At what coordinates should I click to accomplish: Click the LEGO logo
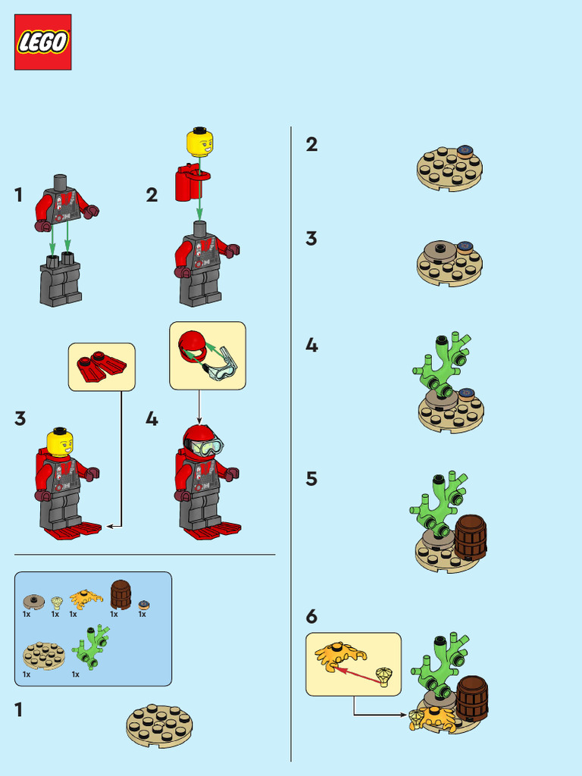pyautogui.click(x=42, y=42)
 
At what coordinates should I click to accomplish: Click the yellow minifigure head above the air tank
pyautogui.click(x=199, y=142)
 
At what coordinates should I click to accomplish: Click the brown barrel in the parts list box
pyautogui.click(x=120, y=595)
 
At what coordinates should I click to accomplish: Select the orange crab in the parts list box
pyautogui.click(x=86, y=597)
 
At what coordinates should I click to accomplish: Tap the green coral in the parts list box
pyautogui.click(x=91, y=646)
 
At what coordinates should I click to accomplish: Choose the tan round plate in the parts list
pyautogui.click(x=44, y=655)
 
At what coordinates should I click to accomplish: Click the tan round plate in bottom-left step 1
pyautogui.click(x=159, y=724)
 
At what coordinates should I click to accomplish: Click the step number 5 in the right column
pyautogui.click(x=311, y=479)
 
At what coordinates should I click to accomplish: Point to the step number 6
pyautogui.click(x=311, y=616)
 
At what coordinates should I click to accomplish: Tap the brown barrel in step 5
pyautogui.click(x=471, y=537)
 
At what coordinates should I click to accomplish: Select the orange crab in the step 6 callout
pyautogui.click(x=339, y=654)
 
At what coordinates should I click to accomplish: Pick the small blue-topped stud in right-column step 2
pyautogui.click(x=465, y=151)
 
